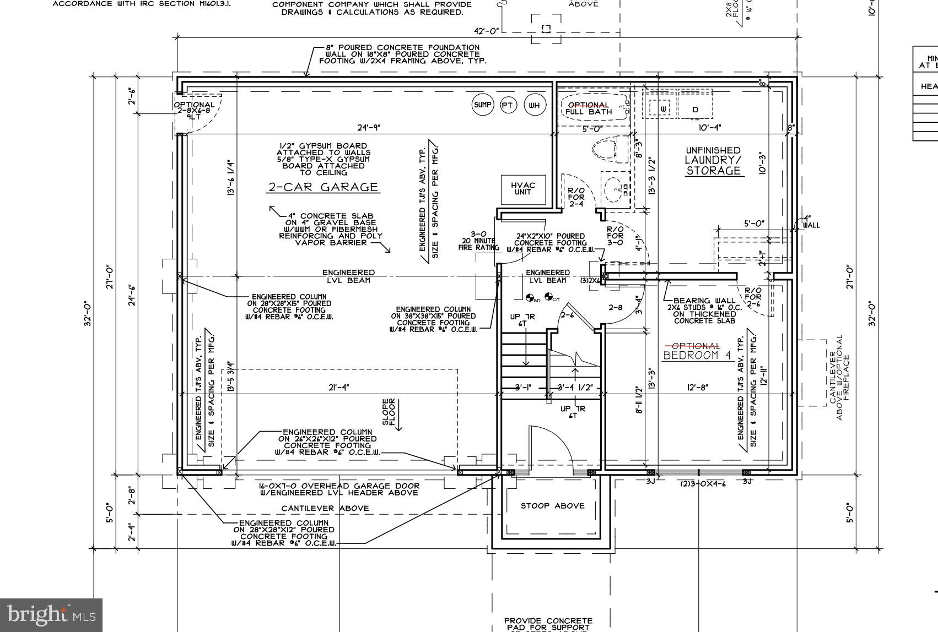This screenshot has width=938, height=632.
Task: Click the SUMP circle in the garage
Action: pos(483,105)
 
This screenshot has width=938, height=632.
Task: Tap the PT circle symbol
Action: pos(508,105)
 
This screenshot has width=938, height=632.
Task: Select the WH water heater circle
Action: pos(534,105)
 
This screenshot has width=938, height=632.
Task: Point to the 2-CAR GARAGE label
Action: pos(323,187)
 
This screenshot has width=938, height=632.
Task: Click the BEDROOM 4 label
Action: pos(697,355)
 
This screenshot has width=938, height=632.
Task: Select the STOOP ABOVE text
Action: pos(552,505)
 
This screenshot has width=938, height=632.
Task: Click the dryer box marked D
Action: pos(696,110)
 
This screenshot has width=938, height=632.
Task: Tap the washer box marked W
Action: pos(664,109)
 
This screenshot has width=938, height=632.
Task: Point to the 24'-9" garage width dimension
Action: pos(369,128)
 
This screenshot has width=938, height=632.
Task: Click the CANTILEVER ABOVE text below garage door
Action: pos(325,508)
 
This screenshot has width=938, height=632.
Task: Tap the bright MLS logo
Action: pos(51,615)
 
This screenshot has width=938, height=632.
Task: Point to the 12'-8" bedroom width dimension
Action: pos(698,388)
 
